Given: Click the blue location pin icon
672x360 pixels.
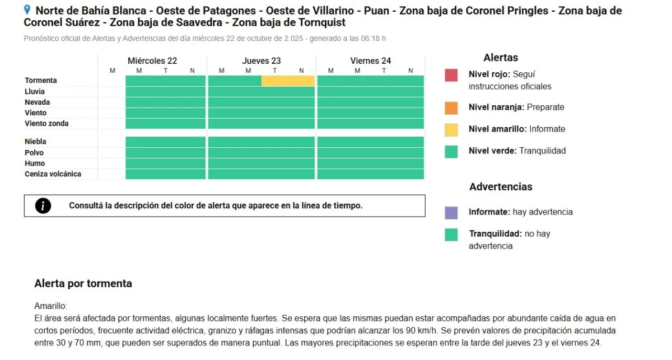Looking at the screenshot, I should pyautogui.click(x=27, y=10).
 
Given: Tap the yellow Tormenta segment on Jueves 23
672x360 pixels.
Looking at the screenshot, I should pyautogui.click(x=288, y=81).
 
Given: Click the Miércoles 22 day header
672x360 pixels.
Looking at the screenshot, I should pyautogui.click(x=152, y=61).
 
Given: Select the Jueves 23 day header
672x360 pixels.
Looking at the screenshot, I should pyautogui.click(x=262, y=61).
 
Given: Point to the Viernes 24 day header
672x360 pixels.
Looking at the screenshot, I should pyautogui.click(x=371, y=61).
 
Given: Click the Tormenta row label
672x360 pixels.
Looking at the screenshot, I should pyautogui.click(x=41, y=81).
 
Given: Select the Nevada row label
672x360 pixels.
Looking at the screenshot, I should pyautogui.click(x=38, y=102).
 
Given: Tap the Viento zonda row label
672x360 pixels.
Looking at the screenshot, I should pyautogui.click(x=46, y=124).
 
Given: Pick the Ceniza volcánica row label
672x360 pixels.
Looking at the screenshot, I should pyautogui.click(x=53, y=174).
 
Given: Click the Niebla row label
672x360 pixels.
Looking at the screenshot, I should pyautogui.click(x=35, y=142).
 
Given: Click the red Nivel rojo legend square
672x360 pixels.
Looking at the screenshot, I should pyautogui.click(x=451, y=75).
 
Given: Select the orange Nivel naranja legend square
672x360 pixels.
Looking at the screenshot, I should pyautogui.click(x=451, y=107).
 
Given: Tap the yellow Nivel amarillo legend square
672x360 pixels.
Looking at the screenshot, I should pyautogui.click(x=451, y=129).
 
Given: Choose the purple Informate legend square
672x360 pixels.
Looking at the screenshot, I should pyautogui.click(x=451, y=213).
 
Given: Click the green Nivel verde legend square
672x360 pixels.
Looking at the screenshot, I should pyautogui.click(x=451, y=151).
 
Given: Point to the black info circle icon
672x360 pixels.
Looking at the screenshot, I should pyautogui.click(x=43, y=206).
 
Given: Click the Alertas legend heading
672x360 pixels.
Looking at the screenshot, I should pyautogui.click(x=501, y=58).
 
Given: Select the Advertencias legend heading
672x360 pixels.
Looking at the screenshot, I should pyautogui.click(x=501, y=187).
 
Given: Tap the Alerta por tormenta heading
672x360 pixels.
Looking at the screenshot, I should pyautogui.click(x=83, y=283).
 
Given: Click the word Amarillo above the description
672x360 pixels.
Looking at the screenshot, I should pyautogui.click(x=50, y=306).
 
